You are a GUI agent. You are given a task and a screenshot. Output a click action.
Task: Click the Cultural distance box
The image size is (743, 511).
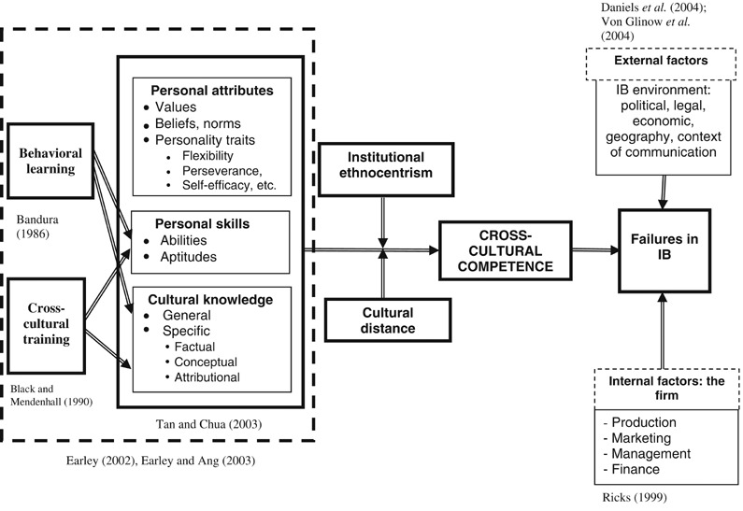381,318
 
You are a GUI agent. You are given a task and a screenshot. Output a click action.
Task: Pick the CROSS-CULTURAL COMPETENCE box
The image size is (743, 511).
505,249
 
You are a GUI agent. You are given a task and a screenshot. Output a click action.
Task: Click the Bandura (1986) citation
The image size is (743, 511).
36,230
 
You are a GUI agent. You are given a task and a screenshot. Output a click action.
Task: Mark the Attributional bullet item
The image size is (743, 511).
207,377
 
